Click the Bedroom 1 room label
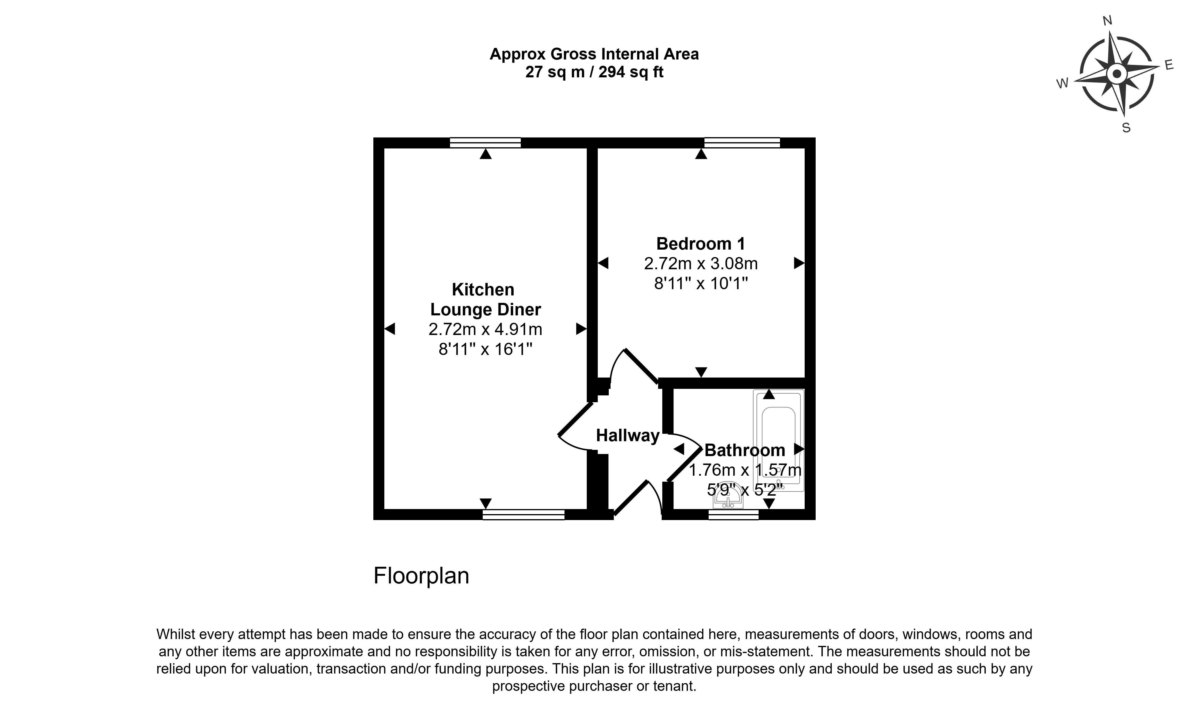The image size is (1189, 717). pyautogui.click(x=701, y=244)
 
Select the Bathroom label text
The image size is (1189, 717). pyautogui.click(x=745, y=450)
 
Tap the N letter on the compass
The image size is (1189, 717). pyautogui.click(x=1108, y=34)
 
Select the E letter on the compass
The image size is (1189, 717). pyautogui.click(x=1169, y=65)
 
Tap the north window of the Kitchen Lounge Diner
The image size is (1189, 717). pyautogui.click(x=485, y=143)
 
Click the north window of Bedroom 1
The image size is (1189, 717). pyautogui.click(x=742, y=143)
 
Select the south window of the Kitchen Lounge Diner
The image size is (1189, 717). pyautogui.click(x=523, y=515)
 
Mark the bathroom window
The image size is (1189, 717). pyautogui.click(x=734, y=515)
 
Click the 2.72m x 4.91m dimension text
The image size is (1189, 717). pyautogui.click(x=485, y=329)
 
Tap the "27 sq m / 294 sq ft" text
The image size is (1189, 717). pyautogui.click(x=594, y=72)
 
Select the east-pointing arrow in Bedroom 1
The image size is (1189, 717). pyautogui.click(x=799, y=263)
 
